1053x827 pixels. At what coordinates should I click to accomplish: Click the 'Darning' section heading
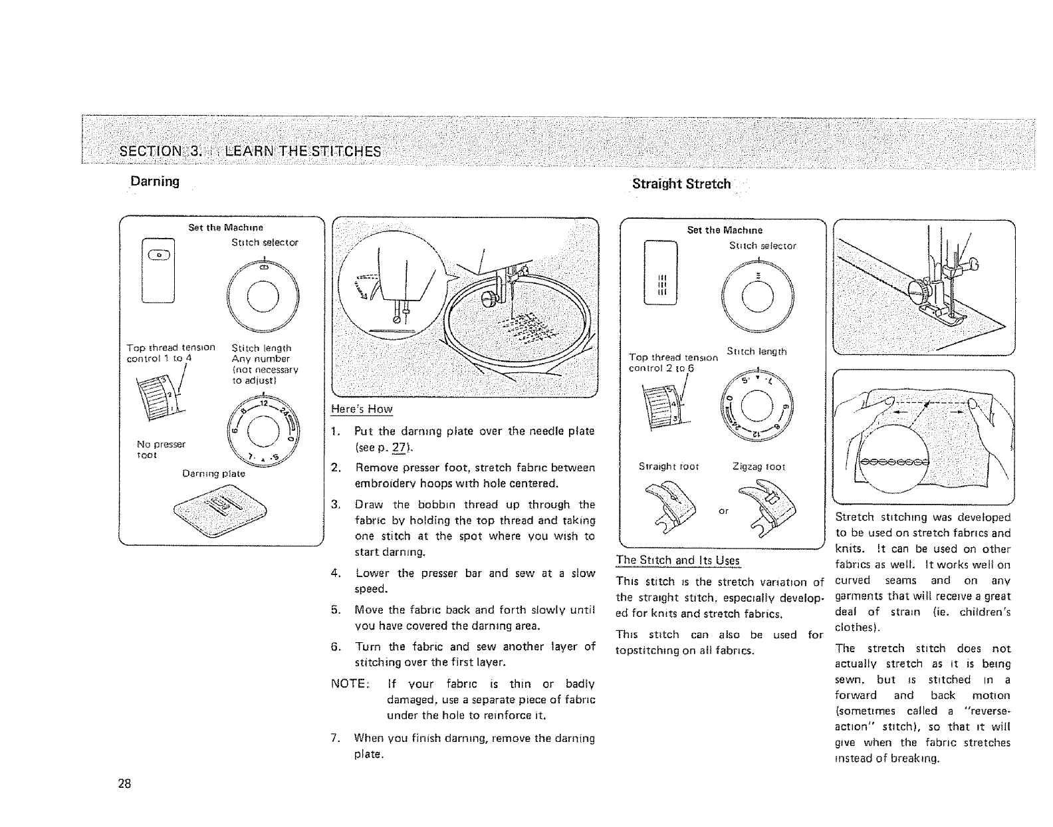(154, 181)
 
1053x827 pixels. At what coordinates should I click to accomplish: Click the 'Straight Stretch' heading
(681, 184)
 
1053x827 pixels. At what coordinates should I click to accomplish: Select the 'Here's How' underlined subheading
(361, 409)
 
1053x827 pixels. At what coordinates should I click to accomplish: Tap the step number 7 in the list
(334, 739)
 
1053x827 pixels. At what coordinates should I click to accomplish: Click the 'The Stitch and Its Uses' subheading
(678, 560)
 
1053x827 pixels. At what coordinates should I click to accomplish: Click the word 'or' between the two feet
(723, 511)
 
